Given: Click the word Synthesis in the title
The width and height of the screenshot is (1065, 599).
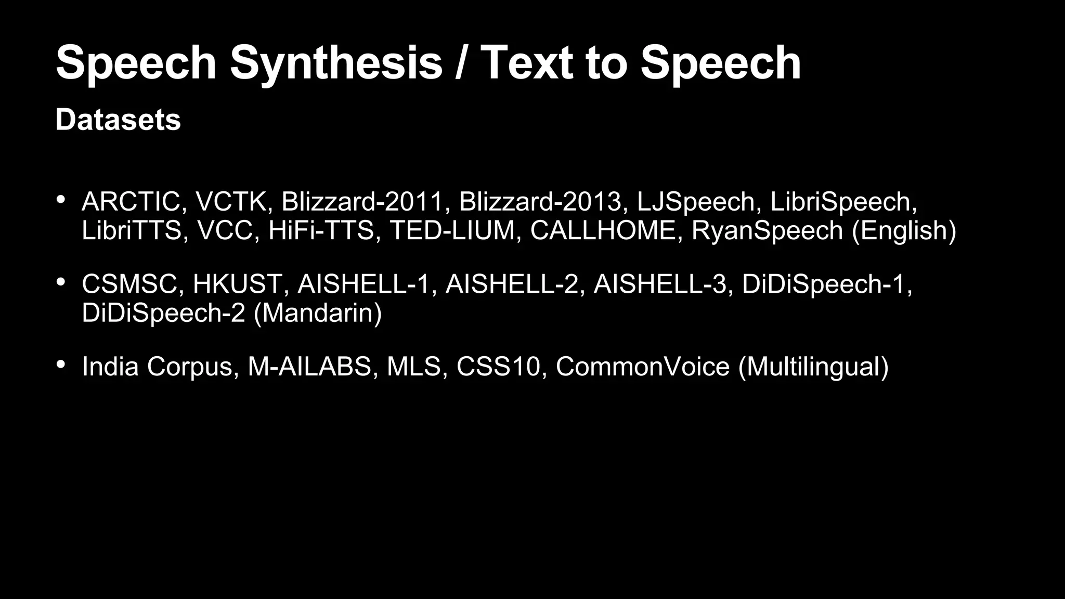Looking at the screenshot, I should click(x=336, y=63).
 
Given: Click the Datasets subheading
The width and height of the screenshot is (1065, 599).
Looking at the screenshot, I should click(x=118, y=120).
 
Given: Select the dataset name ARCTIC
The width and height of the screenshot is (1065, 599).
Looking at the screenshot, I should click(x=131, y=202).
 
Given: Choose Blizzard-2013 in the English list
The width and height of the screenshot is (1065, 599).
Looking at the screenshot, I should click(x=540, y=202).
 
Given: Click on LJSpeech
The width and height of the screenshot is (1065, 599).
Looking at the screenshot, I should click(x=695, y=202).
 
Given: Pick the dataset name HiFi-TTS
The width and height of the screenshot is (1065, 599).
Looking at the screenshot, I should click(x=321, y=230).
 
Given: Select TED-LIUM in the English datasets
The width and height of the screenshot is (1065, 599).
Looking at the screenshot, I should click(x=452, y=230).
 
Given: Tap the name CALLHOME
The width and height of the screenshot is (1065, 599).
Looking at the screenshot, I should click(x=603, y=230).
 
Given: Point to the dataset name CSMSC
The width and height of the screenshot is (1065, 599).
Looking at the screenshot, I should click(x=129, y=284).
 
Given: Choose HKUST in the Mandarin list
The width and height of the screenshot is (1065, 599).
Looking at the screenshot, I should click(x=237, y=284).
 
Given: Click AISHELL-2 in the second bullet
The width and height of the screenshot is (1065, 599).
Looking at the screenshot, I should click(x=512, y=284).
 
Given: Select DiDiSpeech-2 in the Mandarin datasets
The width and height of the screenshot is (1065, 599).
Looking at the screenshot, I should click(x=163, y=313).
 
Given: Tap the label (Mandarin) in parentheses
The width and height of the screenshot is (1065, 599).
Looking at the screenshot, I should click(x=318, y=313).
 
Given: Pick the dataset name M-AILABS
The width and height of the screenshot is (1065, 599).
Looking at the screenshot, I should click(x=309, y=367).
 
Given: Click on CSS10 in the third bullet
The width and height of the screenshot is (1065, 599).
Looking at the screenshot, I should click(x=499, y=367).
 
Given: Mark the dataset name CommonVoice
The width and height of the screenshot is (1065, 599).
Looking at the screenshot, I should click(x=643, y=367).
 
